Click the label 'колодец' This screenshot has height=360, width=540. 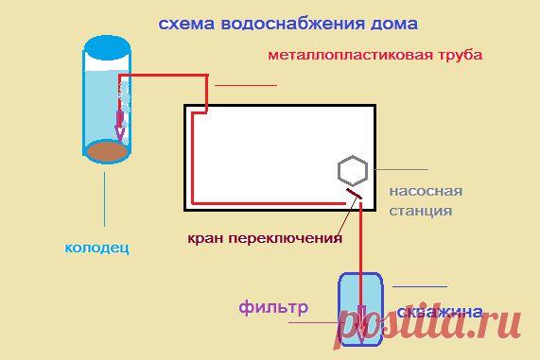pyautogui.click(x=96, y=249)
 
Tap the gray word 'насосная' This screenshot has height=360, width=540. pyautogui.click(x=419, y=192)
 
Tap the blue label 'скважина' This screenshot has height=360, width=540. pyautogui.click(x=441, y=311)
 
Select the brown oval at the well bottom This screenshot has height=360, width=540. pyautogui.click(x=108, y=149)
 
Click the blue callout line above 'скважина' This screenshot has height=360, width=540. pyautogui.click(x=420, y=286)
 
